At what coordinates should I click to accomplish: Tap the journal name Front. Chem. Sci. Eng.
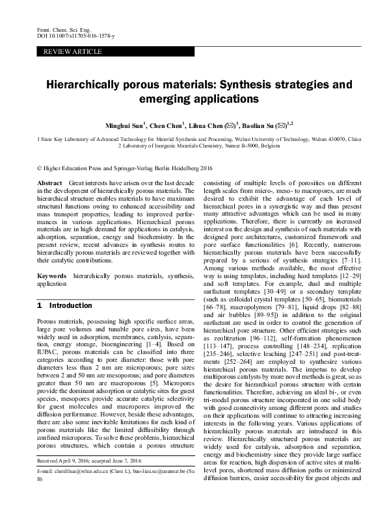coord(59,31)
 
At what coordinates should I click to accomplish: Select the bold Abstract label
coord(50,185)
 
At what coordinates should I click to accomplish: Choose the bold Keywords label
coord(53,276)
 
